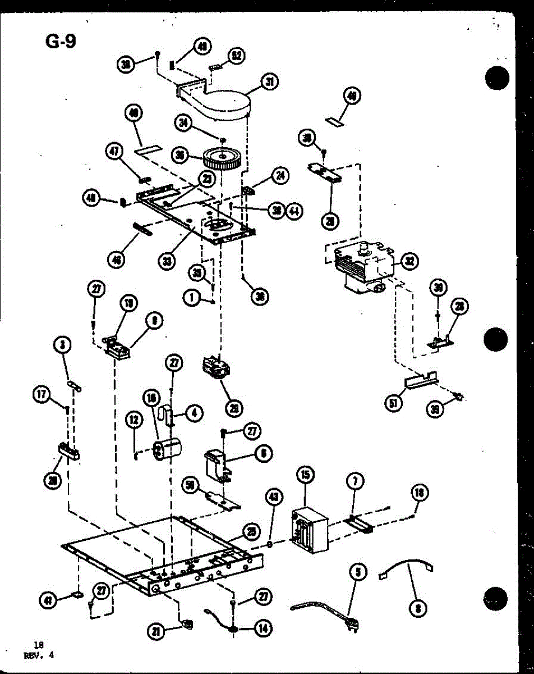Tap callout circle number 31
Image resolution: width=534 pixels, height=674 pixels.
click(270, 82)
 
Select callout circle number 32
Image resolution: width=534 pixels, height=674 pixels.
click(409, 260)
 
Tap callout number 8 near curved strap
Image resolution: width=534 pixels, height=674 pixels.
click(418, 608)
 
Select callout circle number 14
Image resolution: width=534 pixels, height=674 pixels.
click(262, 627)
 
